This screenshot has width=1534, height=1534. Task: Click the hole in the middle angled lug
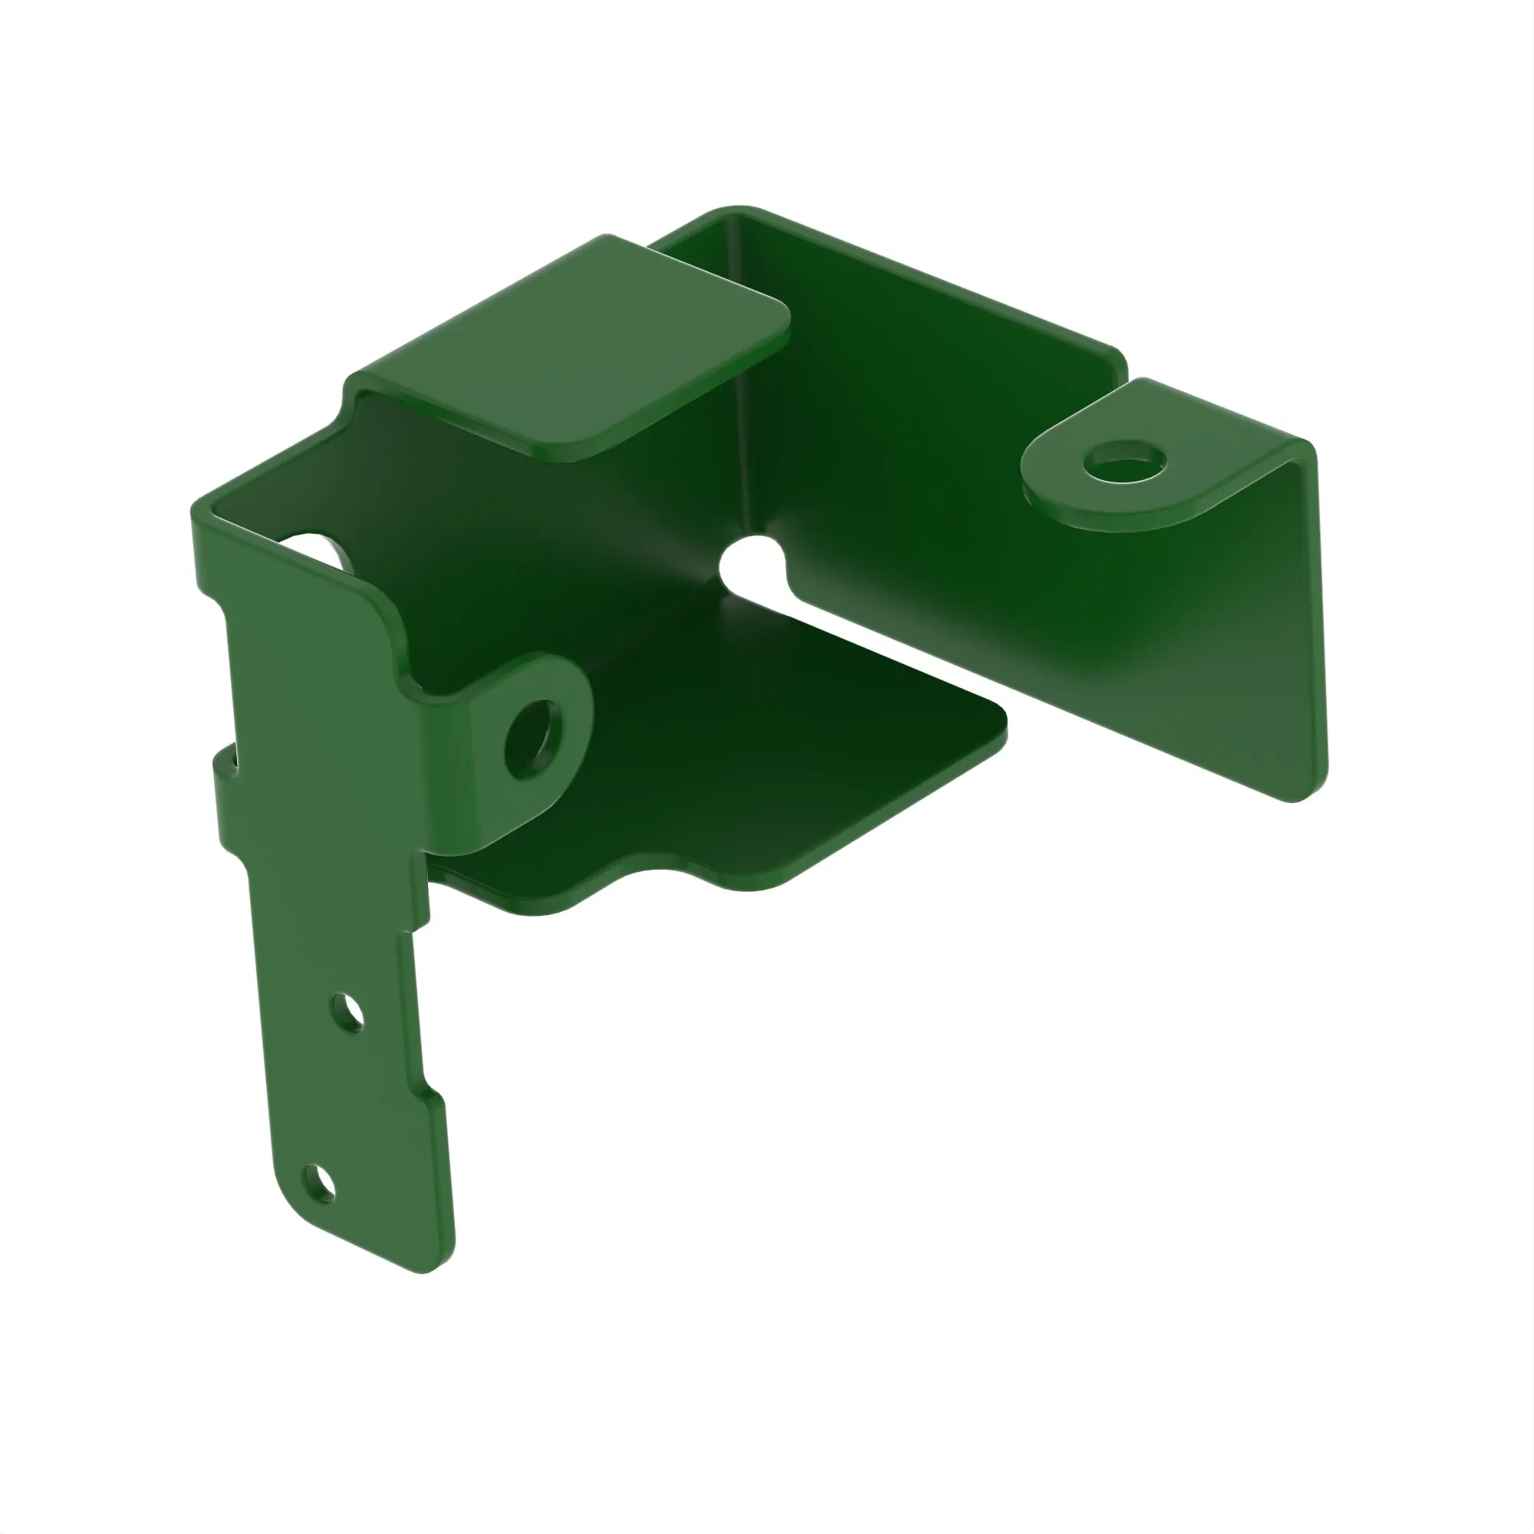coord(533,739)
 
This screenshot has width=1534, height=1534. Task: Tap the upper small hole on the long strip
coord(347,1014)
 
